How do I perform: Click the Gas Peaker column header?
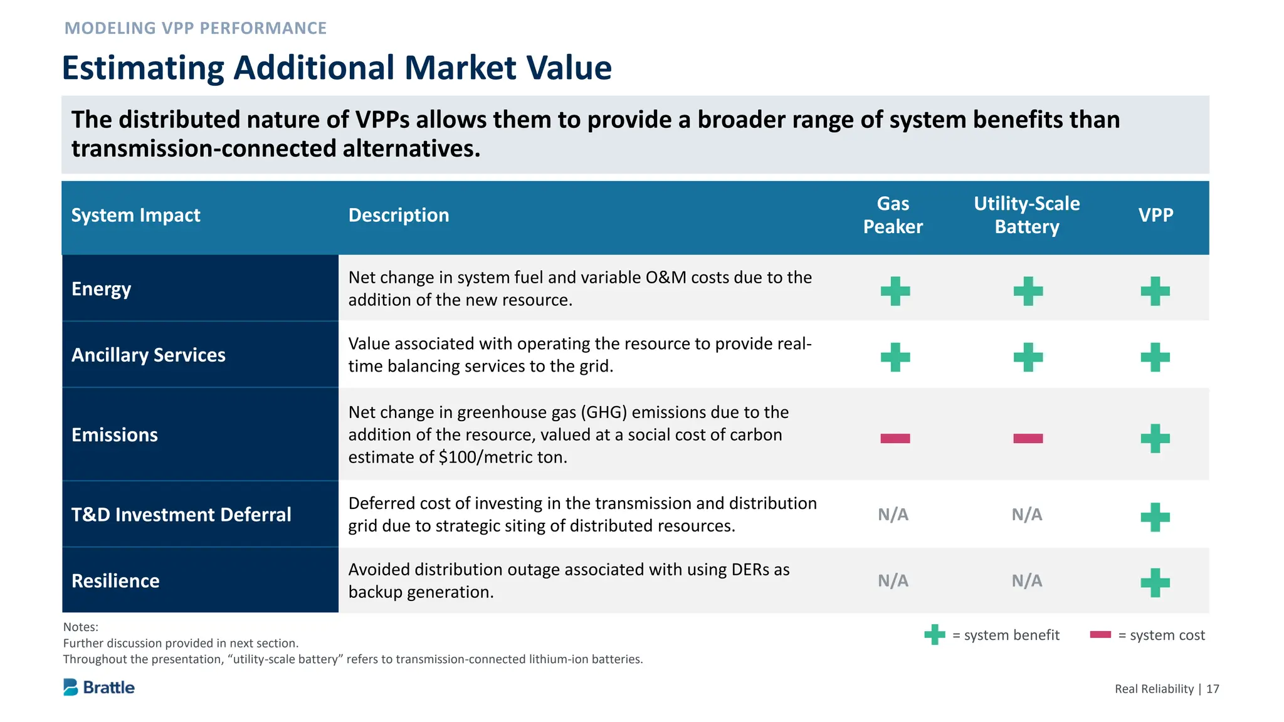tap(893, 215)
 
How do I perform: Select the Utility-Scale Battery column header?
tap(1026, 215)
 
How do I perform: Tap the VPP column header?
tap(1155, 215)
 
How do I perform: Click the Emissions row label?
tap(115, 435)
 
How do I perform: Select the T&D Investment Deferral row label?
tap(181, 515)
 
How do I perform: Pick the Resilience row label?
tap(115, 581)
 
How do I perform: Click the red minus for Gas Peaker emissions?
tap(895, 438)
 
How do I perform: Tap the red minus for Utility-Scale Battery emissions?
tap(1028, 438)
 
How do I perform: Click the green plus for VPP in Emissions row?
tap(1155, 438)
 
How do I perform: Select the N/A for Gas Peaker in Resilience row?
tap(893, 581)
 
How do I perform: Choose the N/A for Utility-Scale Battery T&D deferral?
tap(1026, 515)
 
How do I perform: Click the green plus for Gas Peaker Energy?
tap(895, 291)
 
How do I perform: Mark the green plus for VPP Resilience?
tap(1155, 583)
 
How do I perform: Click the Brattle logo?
tap(99, 688)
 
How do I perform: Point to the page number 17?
tap(1213, 689)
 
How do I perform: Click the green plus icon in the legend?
tap(934, 634)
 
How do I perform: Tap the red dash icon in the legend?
tap(1100, 634)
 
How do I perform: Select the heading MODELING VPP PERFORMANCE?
tap(196, 28)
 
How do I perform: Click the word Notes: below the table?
tap(81, 627)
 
